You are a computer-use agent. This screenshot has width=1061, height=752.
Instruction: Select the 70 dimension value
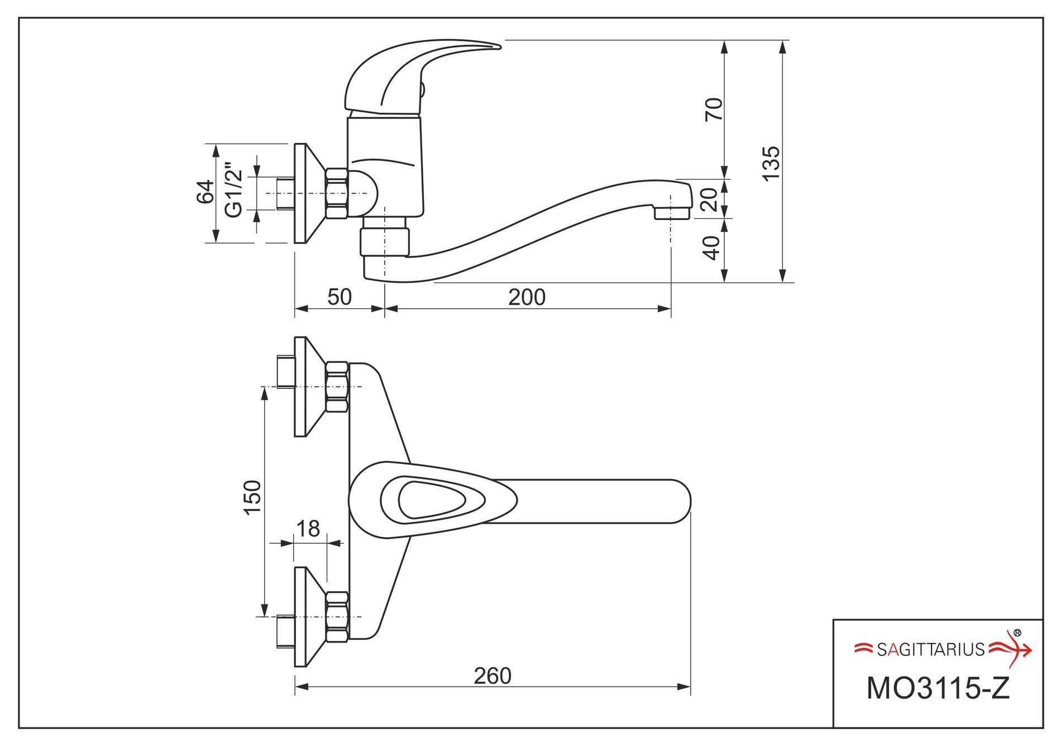pos(714,109)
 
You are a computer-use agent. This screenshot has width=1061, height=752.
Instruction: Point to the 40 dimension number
pos(711,248)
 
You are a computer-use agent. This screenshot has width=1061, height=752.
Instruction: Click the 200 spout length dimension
pos(527,297)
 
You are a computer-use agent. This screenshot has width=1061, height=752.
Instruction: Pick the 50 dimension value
pos(340,297)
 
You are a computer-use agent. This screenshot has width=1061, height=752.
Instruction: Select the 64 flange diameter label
pos(205,191)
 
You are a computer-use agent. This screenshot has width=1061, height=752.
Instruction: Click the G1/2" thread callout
pos(233,190)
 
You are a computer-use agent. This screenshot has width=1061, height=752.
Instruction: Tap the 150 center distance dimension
pos(252,497)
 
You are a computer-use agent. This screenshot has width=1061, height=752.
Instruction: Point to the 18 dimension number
pos(308,528)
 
